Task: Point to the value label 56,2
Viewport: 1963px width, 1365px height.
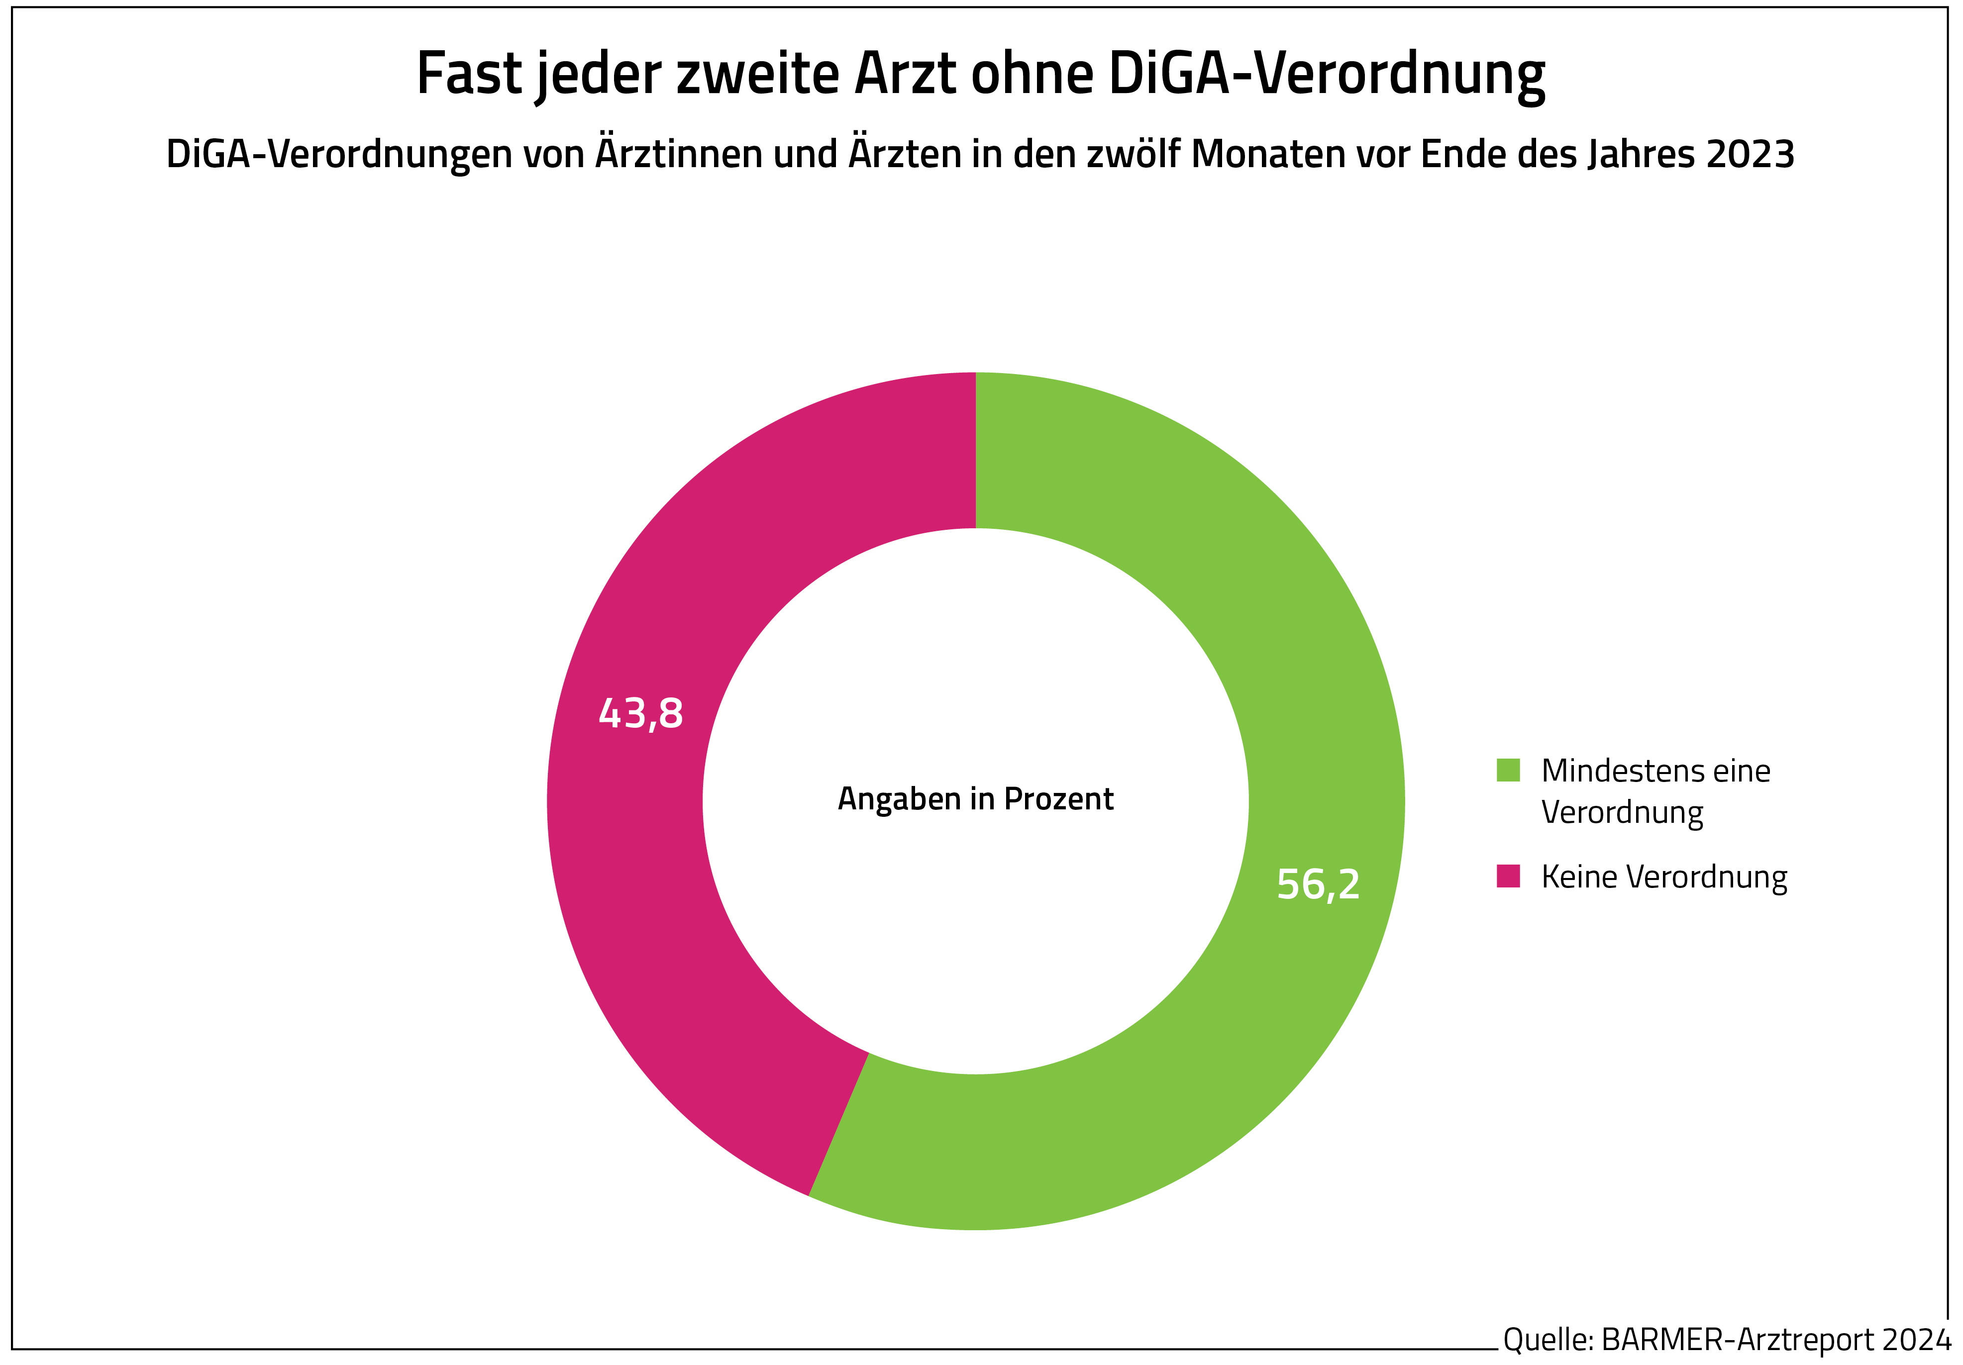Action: click(x=1318, y=884)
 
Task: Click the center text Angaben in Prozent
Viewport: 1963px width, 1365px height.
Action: click(x=975, y=799)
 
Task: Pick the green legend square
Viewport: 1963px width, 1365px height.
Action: click(x=1508, y=770)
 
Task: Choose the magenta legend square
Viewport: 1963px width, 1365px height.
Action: click(x=1508, y=876)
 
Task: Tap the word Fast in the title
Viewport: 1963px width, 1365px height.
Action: click(x=469, y=74)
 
